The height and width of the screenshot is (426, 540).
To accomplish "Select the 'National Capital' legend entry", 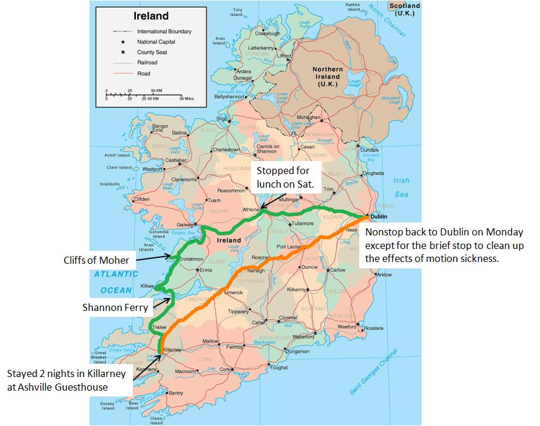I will pos(155,42).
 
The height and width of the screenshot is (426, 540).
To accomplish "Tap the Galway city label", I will pos(184,224).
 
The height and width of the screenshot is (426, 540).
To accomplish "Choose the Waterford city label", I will pos(304,337).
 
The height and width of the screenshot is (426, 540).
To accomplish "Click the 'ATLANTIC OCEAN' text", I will pos(115,282).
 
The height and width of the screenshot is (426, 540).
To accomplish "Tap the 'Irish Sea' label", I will pos(401,187).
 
